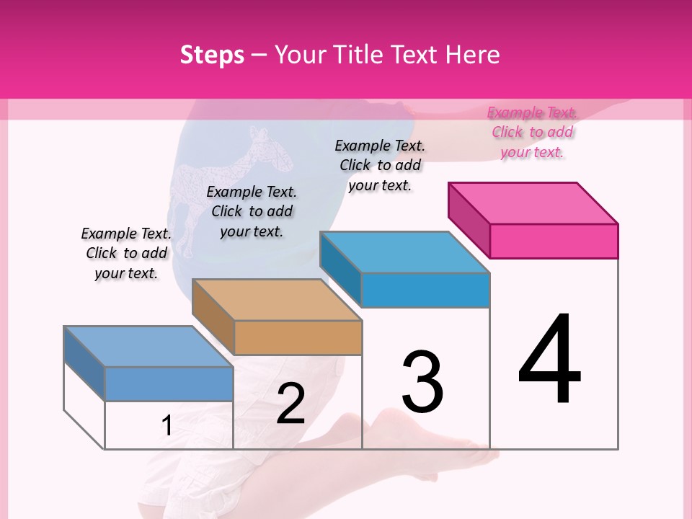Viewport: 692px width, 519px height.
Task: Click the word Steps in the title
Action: click(x=212, y=55)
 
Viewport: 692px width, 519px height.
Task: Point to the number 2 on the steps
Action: click(x=290, y=404)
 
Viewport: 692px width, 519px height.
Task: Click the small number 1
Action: click(x=167, y=425)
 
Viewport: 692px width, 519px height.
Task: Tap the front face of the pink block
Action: click(x=554, y=241)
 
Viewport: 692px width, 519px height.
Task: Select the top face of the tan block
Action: click(x=277, y=299)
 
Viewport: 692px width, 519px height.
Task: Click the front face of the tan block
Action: click(x=298, y=337)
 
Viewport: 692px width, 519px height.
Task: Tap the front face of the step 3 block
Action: click(x=425, y=290)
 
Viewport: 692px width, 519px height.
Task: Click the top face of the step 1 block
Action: click(x=148, y=347)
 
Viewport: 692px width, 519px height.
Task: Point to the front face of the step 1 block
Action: click(x=169, y=383)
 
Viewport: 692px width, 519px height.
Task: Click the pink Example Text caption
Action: click(x=532, y=132)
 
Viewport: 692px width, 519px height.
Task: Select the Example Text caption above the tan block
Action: click(x=252, y=211)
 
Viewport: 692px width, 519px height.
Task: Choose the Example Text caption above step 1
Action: click(x=126, y=253)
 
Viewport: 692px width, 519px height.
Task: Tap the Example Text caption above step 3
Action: click(x=380, y=165)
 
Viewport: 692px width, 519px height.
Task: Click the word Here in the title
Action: click(x=473, y=55)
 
